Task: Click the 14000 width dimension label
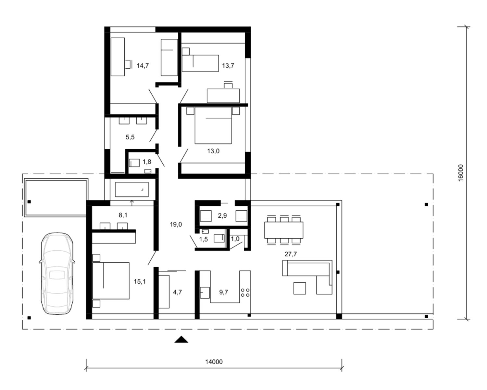point(214,362)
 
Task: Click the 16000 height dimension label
point(460,173)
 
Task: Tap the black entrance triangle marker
point(181,340)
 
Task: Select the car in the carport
point(57,273)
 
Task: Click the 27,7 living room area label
point(291,254)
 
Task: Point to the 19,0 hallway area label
point(176,225)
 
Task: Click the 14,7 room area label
point(143,66)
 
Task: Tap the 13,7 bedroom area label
point(228,66)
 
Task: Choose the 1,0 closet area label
point(235,239)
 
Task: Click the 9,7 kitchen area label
point(223,292)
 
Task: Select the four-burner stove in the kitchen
point(245,292)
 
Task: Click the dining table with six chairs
point(284,230)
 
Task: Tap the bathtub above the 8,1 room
point(132,189)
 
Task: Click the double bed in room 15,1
point(111,281)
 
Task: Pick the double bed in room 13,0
point(213,125)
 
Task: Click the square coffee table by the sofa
point(300,288)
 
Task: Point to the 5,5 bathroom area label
point(130,137)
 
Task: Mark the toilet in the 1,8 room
point(134,163)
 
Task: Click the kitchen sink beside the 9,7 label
point(205,292)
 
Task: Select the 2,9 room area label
point(222,216)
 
